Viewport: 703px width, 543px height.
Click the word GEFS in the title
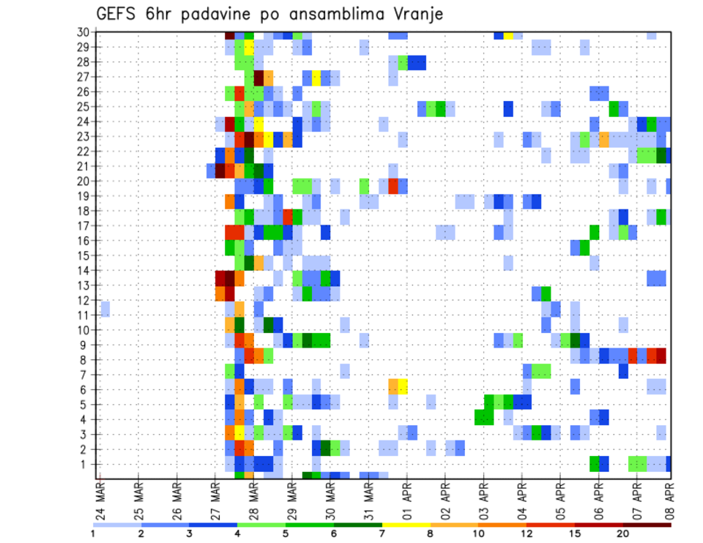coord(118,15)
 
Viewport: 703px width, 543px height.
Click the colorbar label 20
coord(623,533)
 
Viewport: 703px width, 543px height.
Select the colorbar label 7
coord(382,533)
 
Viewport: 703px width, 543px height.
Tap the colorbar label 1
coord(93,533)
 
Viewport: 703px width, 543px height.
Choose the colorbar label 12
coord(527,533)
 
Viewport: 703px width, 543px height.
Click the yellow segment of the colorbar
coord(406,524)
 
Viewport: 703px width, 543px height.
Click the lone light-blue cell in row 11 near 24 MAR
coord(105,309)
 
